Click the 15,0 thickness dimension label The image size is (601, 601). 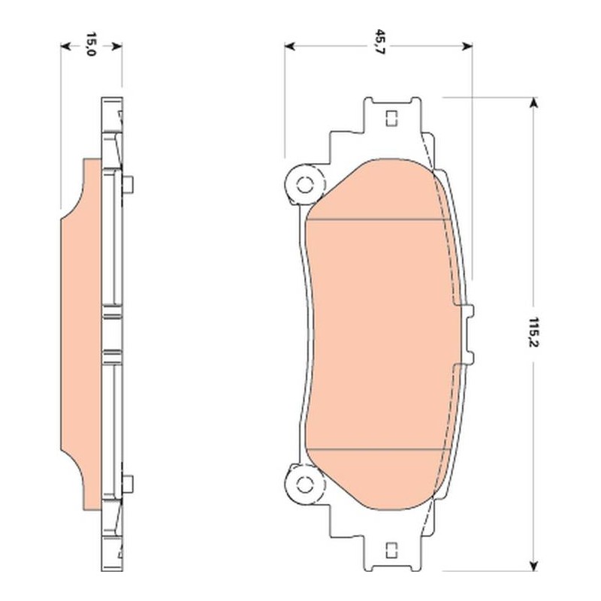point(90,44)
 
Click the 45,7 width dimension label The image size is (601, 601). point(379,42)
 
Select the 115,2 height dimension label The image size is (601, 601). point(533,332)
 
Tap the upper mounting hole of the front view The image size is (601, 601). point(305,185)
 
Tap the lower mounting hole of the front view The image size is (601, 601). point(305,485)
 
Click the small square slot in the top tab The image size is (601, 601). point(391,119)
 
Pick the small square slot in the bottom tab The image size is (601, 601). point(391,551)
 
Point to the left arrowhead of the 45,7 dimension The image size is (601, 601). point(289,47)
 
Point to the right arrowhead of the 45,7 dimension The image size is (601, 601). point(467,47)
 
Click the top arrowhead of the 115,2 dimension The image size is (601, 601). point(533,103)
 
